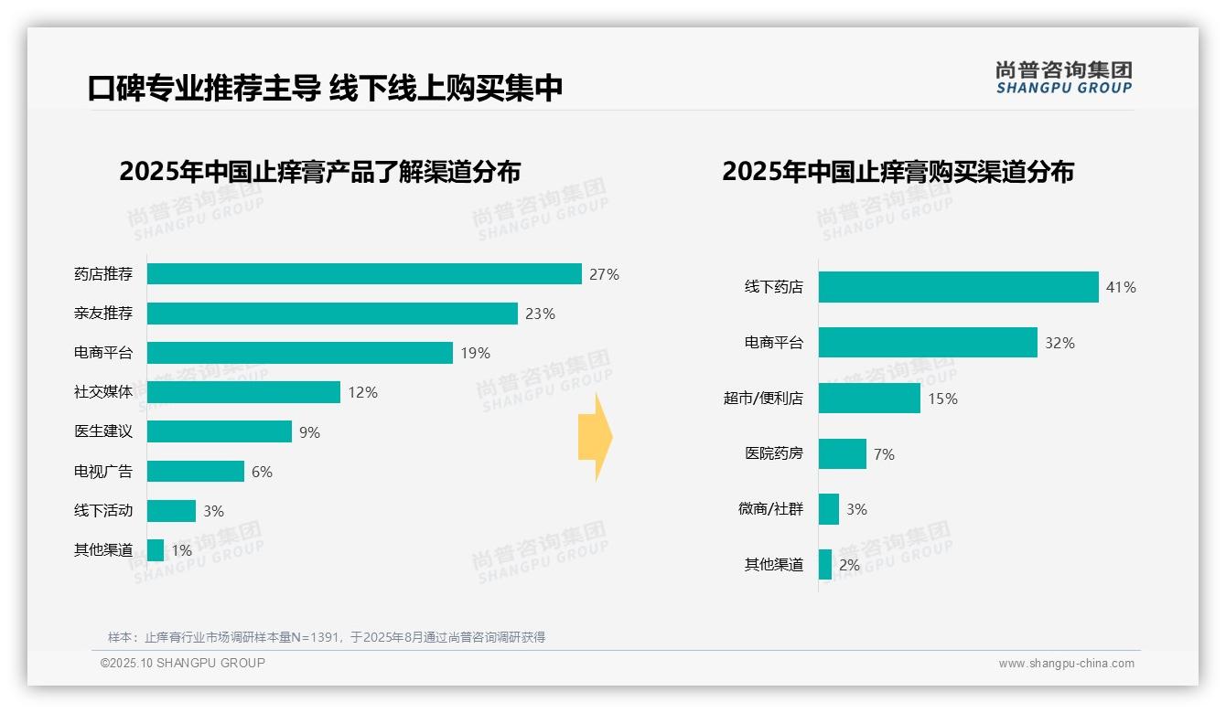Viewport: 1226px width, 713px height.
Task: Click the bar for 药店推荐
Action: click(x=364, y=274)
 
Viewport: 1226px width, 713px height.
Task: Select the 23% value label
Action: click(x=540, y=314)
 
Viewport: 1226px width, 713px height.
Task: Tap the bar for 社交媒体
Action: click(x=243, y=392)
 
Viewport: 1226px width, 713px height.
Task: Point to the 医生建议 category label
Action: click(x=103, y=431)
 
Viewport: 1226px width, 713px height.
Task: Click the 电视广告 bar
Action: click(x=196, y=472)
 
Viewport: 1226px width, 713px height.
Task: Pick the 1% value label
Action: click(x=181, y=550)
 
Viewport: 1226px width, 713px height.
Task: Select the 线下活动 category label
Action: click(x=103, y=510)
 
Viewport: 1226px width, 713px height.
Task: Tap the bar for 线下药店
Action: click(x=958, y=287)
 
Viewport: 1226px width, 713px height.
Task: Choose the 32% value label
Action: click(x=1059, y=343)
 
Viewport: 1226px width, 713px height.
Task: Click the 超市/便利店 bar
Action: click(x=869, y=399)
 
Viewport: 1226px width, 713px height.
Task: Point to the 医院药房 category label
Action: click(x=774, y=453)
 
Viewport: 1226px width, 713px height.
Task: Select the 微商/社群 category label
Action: click(x=771, y=508)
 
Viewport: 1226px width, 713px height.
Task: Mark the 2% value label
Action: click(x=849, y=565)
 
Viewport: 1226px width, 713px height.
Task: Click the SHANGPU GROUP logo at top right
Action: click(x=1063, y=78)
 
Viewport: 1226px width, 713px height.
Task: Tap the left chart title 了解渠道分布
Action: click(x=320, y=172)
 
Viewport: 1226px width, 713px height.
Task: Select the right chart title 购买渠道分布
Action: click(x=898, y=172)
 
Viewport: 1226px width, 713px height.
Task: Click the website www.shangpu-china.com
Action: click(x=1066, y=664)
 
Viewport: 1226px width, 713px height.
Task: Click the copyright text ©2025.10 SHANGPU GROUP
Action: click(x=183, y=663)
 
